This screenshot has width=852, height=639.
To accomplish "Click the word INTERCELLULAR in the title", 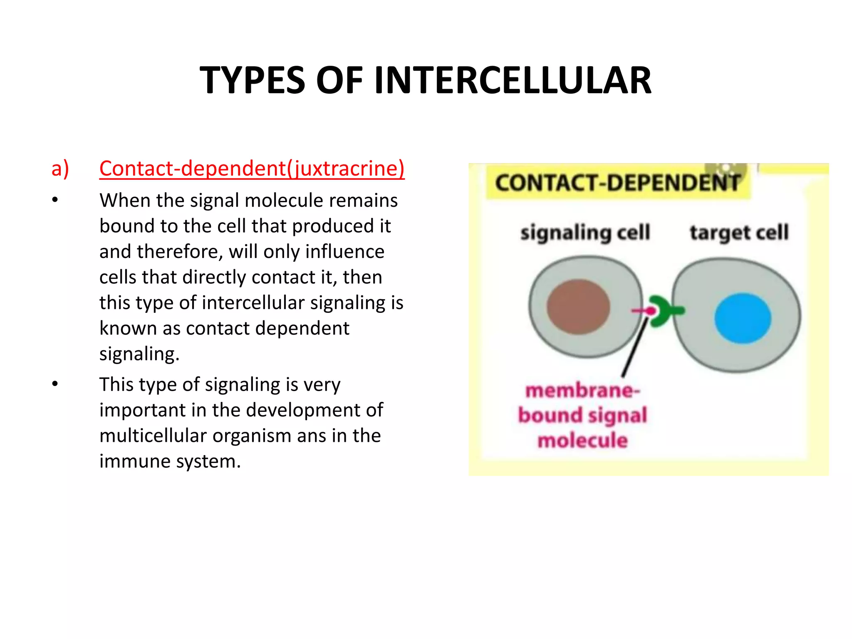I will (x=513, y=80).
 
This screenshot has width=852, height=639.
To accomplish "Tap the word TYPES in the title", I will (x=253, y=80).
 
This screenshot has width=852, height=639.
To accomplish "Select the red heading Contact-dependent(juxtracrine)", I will (x=252, y=168).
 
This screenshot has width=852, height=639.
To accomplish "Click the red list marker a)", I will (x=60, y=168).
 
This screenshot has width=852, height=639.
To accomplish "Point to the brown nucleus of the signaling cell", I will (x=578, y=307).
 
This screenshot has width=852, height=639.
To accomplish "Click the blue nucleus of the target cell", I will (x=743, y=318).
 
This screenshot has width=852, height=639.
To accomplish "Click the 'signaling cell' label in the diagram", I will (x=585, y=233).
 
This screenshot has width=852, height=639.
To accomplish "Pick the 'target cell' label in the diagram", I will (x=739, y=233).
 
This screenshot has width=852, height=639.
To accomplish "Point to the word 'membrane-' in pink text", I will (x=582, y=391).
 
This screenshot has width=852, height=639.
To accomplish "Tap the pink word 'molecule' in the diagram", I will (x=582, y=440).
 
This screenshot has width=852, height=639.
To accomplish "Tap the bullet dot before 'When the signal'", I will (x=55, y=201).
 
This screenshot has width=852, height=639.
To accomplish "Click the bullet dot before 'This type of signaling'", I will (x=55, y=384).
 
